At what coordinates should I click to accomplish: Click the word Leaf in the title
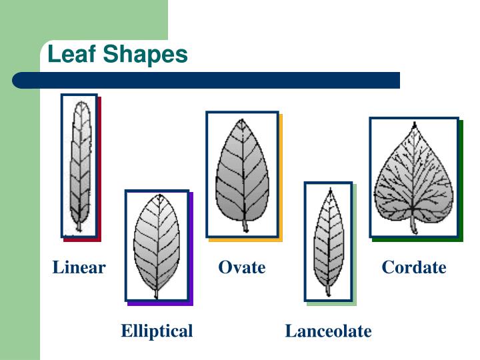70,55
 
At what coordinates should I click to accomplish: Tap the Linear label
79,268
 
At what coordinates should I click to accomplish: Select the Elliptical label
157,331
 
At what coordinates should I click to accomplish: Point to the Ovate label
242,268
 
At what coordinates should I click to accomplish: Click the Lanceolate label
328,331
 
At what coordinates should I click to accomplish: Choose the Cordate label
413,268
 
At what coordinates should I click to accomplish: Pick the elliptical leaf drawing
157,243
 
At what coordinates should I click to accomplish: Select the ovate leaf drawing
242,170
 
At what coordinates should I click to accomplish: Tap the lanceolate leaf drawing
327,240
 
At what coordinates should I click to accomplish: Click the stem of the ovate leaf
245,225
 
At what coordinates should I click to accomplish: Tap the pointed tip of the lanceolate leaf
328,189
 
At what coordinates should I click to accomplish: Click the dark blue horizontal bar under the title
207,81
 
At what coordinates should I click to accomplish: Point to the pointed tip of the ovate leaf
239,120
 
